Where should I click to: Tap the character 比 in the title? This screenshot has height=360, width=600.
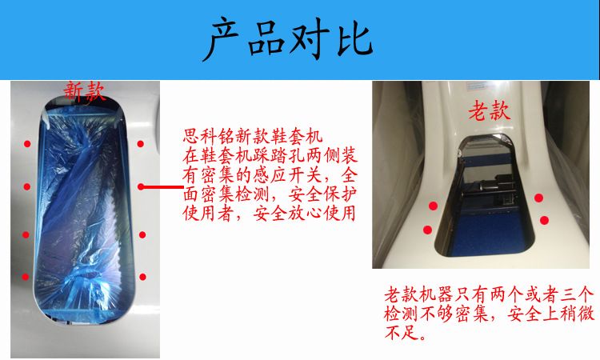(x=354, y=38)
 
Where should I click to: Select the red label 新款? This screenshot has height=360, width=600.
(x=84, y=91)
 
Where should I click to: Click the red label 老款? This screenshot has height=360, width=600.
(x=490, y=110)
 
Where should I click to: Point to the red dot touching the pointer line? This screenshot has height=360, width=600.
(x=141, y=186)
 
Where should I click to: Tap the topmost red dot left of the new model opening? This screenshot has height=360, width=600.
(x=27, y=144)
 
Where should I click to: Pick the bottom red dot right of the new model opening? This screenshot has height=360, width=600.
(x=142, y=277)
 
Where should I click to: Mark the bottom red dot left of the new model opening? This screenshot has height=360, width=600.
(x=26, y=277)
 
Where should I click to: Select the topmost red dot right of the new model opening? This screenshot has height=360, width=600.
(x=141, y=144)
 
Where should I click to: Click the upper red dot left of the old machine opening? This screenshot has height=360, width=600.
(x=433, y=206)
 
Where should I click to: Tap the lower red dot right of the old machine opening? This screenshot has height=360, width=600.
(x=544, y=220)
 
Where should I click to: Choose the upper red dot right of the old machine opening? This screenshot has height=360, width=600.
(x=538, y=198)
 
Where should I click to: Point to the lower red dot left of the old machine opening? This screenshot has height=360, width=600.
(x=427, y=230)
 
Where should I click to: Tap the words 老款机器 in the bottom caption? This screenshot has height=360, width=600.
(x=418, y=295)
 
